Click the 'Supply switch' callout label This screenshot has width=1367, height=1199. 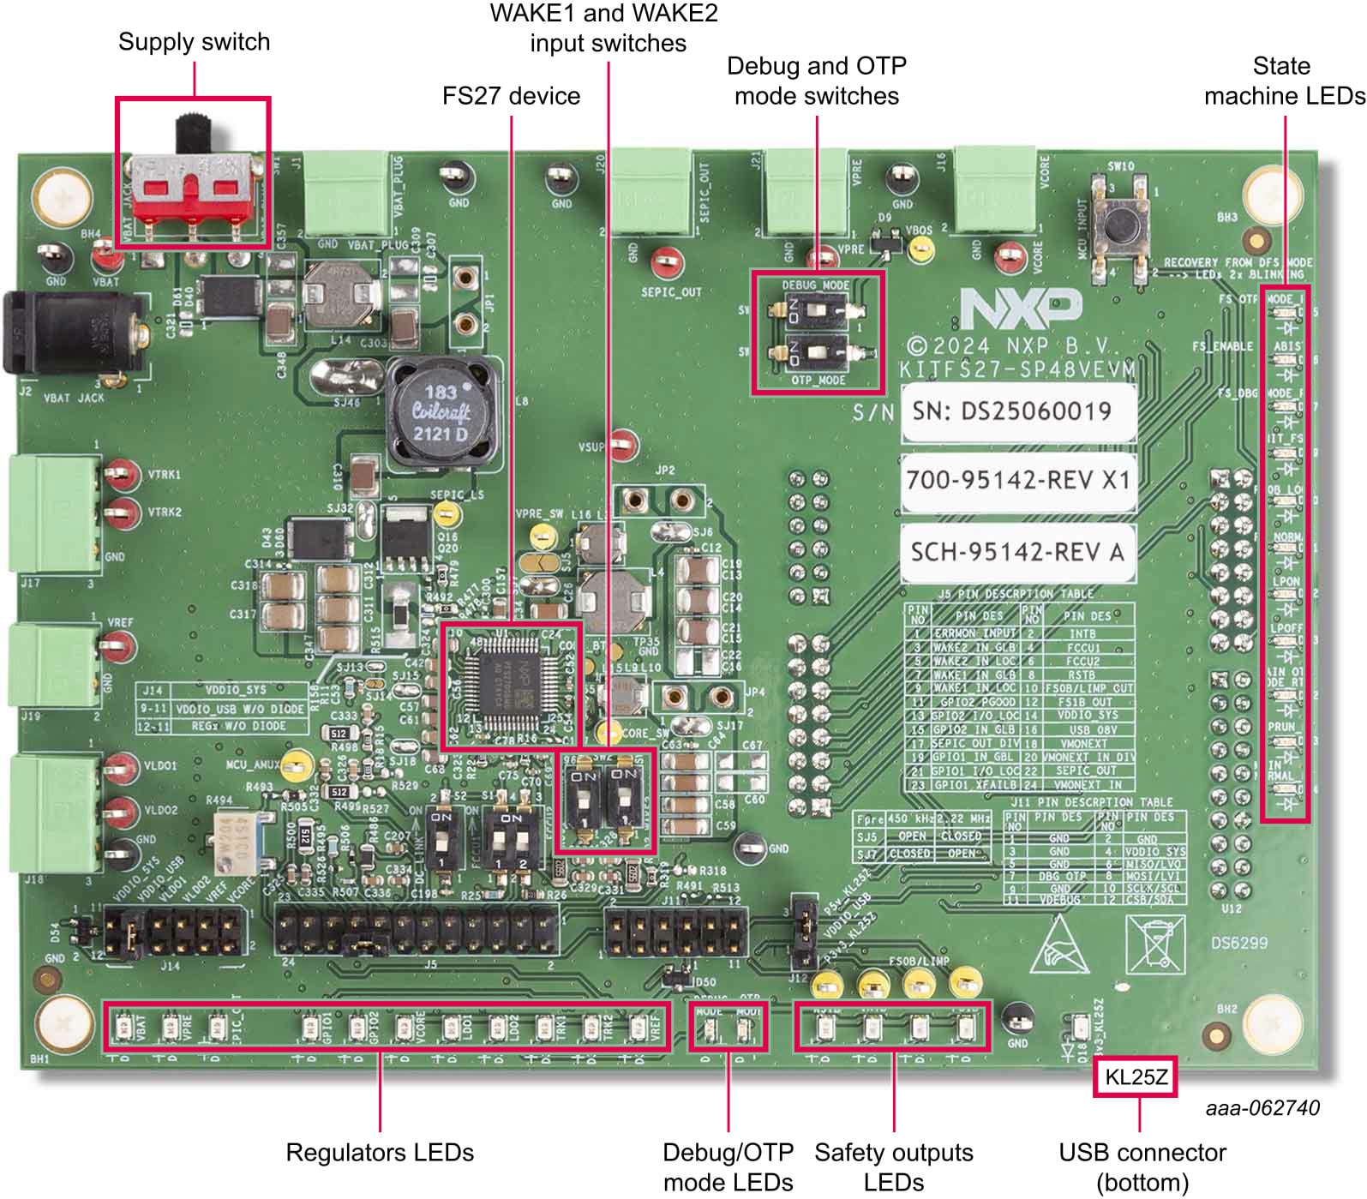(194, 42)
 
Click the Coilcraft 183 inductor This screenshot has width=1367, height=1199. (441, 412)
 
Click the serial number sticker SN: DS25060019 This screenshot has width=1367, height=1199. (1017, 411)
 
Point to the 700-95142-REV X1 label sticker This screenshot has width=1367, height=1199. (1017, 480)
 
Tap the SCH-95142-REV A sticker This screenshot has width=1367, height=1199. (1017, 551)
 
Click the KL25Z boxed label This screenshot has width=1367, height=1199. (1135, 1077)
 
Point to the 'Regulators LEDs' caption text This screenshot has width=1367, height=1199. (379, 1153)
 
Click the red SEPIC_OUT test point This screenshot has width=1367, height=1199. (666, 262)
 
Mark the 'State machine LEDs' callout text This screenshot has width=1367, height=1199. (1283, 81)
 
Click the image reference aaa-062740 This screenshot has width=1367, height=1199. (1262, 1108)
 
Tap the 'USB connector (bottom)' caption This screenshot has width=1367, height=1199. (1142, 1167)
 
